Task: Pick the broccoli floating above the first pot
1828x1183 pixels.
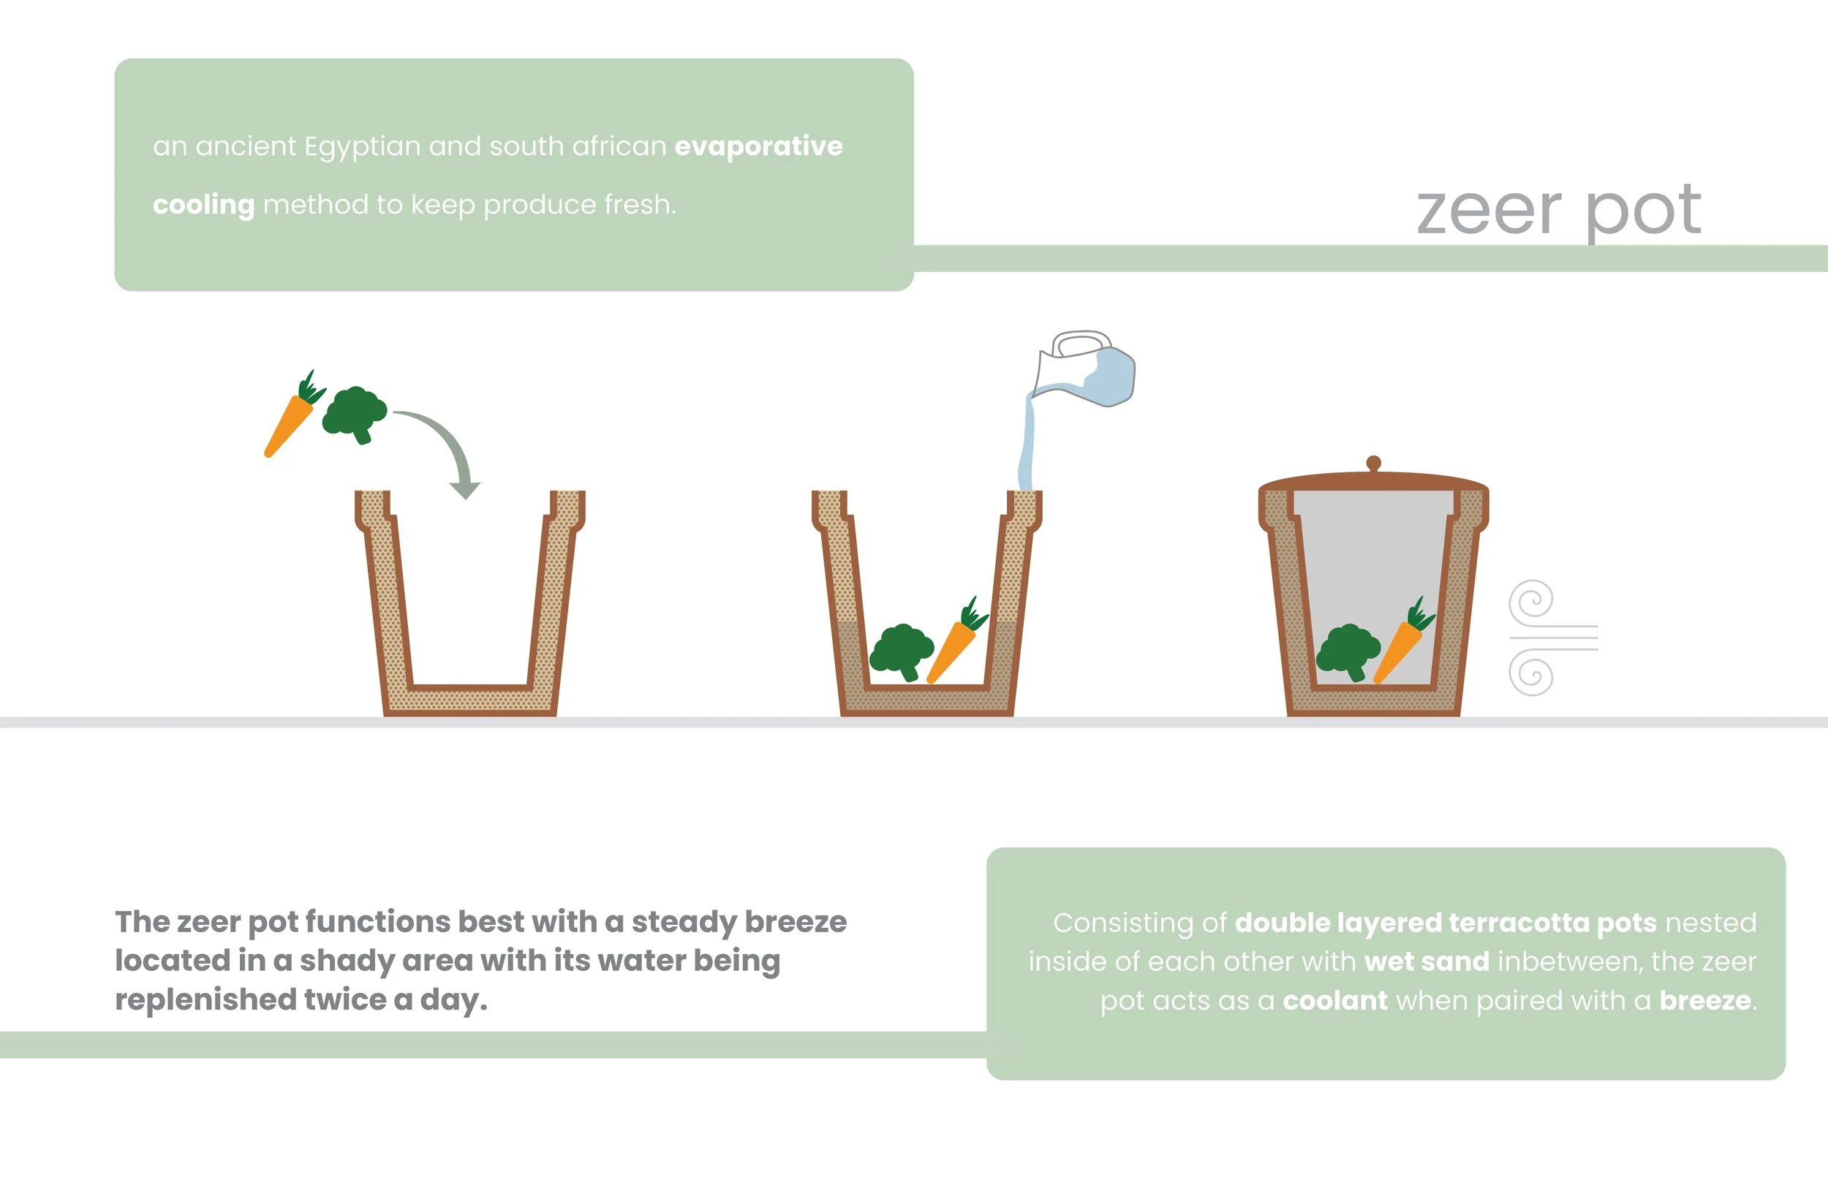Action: pyautogui.click(x=354, y=413)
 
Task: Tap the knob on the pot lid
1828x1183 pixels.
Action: pyautogui.click(x=1373, y=464)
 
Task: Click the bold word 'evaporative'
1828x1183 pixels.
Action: pyautogui.click(x=758, y=146)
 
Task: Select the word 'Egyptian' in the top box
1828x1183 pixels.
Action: pyautogui.click(x=363, y=147)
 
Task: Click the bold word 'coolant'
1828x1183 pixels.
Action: pyautogui.click(x=1335, y=1000)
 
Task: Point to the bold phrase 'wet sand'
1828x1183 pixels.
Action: pyautogui.click(x=1427, y=961)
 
